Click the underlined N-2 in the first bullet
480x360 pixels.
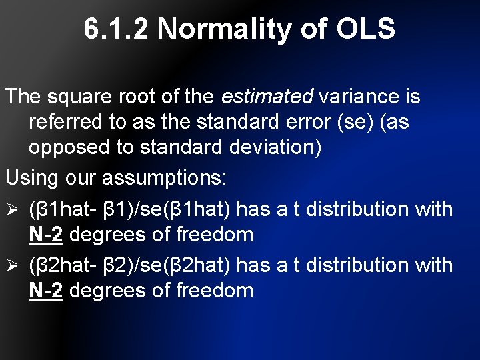46,235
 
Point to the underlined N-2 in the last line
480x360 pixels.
46,291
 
